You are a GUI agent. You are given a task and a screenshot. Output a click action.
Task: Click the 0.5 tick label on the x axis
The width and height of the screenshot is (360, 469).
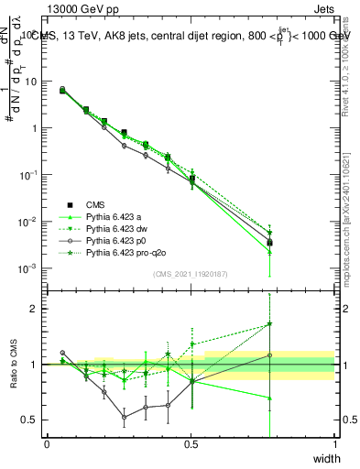191,444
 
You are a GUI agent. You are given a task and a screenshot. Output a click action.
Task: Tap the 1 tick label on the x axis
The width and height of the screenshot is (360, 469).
334,444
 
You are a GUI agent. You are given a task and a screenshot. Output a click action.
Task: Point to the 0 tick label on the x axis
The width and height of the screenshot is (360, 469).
47,444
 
